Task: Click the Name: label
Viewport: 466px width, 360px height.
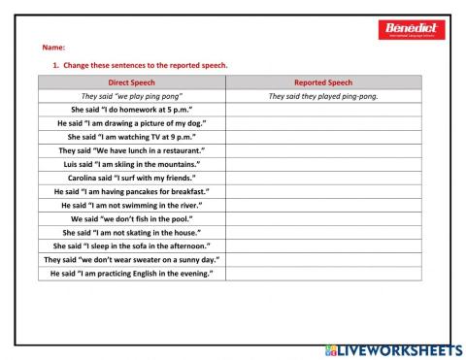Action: click(x=53, y=48)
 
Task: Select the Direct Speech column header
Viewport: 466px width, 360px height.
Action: click(x=131, y=82)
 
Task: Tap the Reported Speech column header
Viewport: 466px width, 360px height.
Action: click(x=323, y=82)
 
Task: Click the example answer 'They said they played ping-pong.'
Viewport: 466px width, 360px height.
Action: click(x=323, y=96)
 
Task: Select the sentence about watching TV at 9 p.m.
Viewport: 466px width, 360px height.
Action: click(x=131, y=137)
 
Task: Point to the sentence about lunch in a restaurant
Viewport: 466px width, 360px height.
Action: click(x=131, y=150)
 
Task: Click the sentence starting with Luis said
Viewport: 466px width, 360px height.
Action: click(x=131, y=164)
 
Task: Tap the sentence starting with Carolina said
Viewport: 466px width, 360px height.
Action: click(x=131, y=178)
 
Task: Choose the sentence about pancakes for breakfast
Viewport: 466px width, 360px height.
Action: click(x=131, y=192)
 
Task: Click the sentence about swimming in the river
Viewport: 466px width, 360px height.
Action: click(x=131, y=206)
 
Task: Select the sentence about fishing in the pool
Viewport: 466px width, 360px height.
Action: click(x=131, y=219)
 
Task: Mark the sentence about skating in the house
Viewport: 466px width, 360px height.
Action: click(x=131, y=233)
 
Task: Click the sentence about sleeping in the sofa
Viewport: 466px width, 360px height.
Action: click(x=131, y=246)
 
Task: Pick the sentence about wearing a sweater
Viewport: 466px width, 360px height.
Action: click(x=131, y=260)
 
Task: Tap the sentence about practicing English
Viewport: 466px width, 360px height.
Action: click(x=131, y=274)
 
